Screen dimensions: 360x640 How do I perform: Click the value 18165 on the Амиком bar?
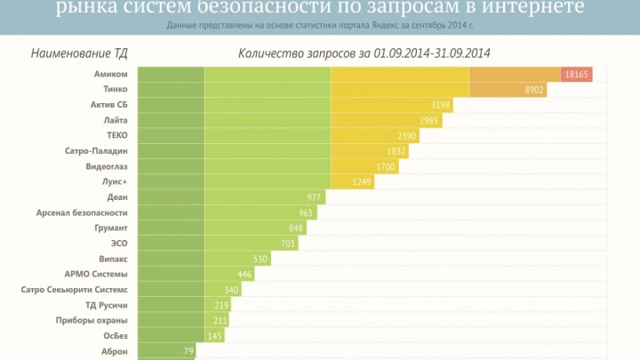coord(577,75)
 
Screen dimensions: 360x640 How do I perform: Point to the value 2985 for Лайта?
coord(430,120)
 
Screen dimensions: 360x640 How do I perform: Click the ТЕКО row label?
coord(117,135)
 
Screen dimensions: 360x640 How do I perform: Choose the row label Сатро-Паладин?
coord(96,151)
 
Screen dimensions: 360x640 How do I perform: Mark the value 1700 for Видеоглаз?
coord(386,166)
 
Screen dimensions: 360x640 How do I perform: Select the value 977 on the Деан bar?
coord(314,197)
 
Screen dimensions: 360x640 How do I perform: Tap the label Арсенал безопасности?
coord(82,212)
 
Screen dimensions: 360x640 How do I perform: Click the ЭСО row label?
coord(119,243)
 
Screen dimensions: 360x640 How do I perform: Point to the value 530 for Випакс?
coord(260,259)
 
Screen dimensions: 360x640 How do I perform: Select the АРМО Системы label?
coord(96,274)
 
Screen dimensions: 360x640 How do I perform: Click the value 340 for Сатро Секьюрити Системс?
coord(231,290)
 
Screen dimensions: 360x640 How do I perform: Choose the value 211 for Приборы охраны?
coord(220,320)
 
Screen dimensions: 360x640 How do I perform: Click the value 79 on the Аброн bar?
coord(188,351)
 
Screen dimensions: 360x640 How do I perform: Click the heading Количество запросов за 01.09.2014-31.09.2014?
coord(364,53)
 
